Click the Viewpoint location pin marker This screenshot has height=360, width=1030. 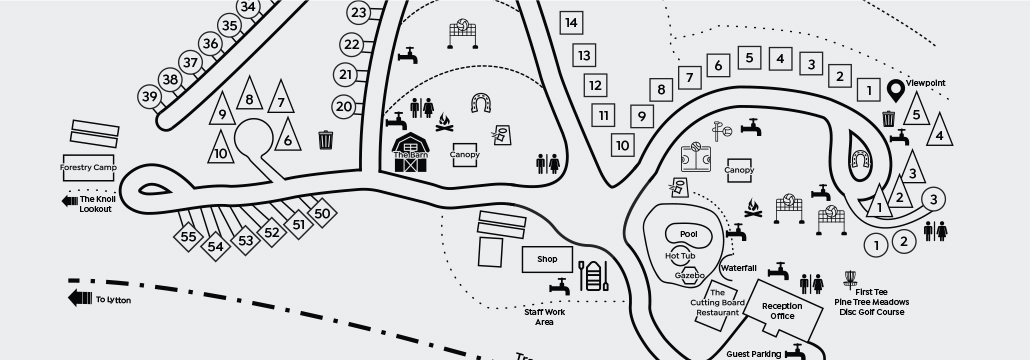(x=896, y=93)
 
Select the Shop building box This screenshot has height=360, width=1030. (x=547, y=259)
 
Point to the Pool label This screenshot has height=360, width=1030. (x=688, y=234)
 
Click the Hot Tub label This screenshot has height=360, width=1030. (x=680, y=257)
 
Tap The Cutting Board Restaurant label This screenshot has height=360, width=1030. (x=717, y=303)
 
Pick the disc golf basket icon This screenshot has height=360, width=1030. (x=852, y=276)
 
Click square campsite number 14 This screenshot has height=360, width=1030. (x=571, y=22)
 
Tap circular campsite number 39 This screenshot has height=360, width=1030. (x=150, y=97)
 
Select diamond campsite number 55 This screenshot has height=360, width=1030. (x=188, y=237)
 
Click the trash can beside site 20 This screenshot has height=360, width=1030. (x=325, y=140)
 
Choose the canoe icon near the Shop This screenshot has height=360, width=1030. (x=593, y=276)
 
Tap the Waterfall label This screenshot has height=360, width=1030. (x=738, y=268)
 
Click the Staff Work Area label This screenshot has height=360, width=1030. (x=545, y=317)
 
